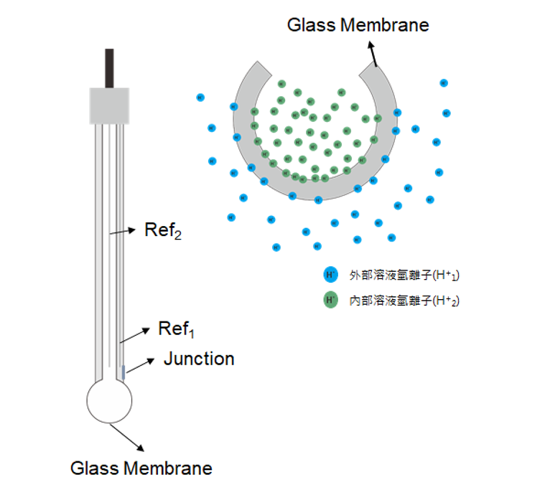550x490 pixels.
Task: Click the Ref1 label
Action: click(x=176, y=329)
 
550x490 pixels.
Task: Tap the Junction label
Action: click(x=199, y=358)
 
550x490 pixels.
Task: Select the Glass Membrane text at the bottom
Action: click(x=141, y=468)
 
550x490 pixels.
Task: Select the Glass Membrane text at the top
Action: click(x=358, y=25)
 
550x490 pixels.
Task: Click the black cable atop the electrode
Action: click(x=109, y=68)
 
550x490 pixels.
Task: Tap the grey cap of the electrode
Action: click(x=109, y=105)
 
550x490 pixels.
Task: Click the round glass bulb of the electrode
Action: click(x=109, y=402)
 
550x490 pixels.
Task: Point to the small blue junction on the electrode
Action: click(x=123, y=372)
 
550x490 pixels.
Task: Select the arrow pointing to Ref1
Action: click(x=136, y=335)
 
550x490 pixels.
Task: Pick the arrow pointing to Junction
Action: click(x=141, y=363)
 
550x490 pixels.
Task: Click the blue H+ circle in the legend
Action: click(x=330, y=275)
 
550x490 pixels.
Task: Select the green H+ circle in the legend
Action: click(x=330, y=300)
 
